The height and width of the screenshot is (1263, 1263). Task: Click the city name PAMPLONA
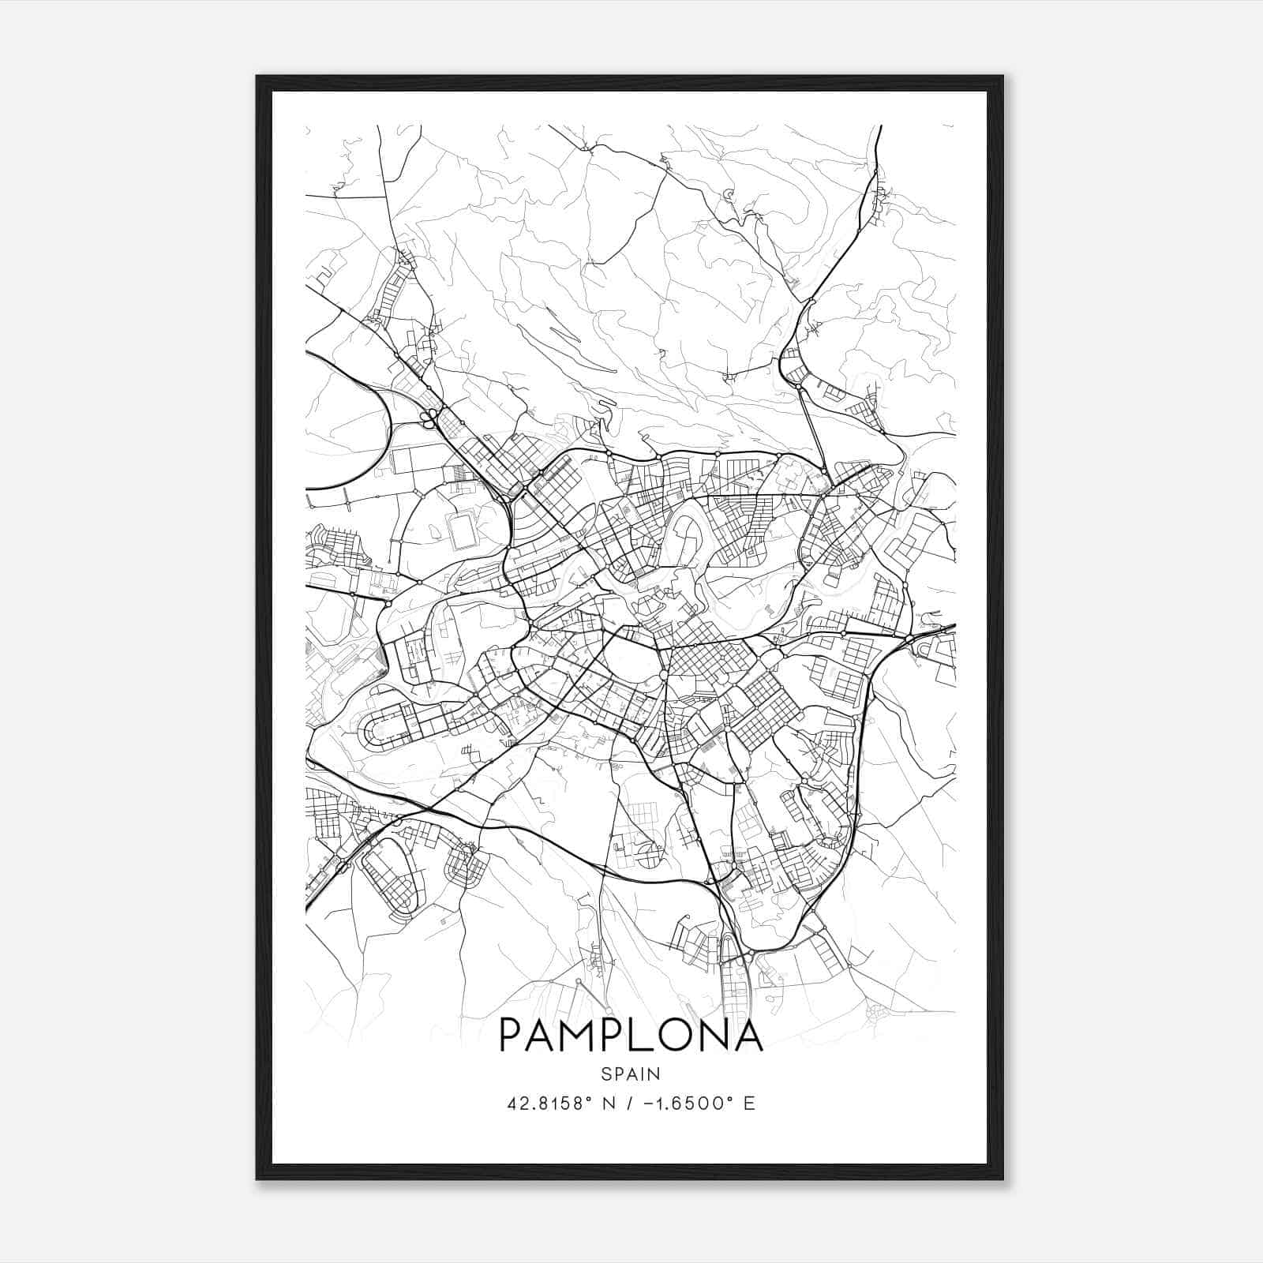click(631, 1035)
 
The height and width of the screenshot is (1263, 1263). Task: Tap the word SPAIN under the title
click(631, 1074)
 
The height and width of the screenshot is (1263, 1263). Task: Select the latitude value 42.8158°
click(549, 1103)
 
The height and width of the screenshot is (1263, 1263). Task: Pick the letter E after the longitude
click(749, 1103)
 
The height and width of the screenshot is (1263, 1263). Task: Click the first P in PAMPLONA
click(512, 1035)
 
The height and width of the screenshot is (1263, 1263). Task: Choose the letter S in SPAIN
click(605, 1074)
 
